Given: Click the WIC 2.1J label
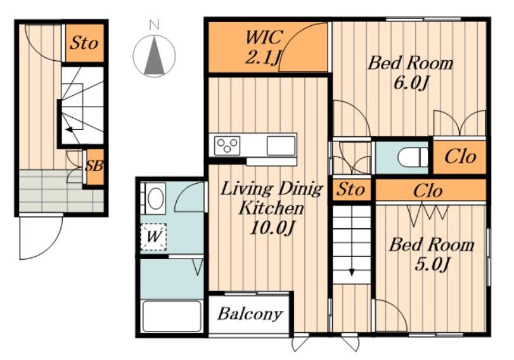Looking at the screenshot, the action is click(262, 46).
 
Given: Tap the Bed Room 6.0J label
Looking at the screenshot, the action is click(410, 72).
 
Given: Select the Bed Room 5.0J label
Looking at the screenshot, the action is click(432, 254).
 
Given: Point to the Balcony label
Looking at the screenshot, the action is click(250, 314).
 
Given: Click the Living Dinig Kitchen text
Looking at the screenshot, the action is click(271, 198).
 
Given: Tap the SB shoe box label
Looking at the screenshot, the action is click(94, 166).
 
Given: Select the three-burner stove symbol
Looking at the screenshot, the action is click(227, 146).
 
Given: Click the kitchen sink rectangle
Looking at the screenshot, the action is click(281, 146).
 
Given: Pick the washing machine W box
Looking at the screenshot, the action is click(153, 237).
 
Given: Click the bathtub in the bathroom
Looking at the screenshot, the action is click(172, 316).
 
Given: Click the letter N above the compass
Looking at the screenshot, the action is click(154, 25).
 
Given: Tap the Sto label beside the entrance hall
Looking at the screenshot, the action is click(84, 43).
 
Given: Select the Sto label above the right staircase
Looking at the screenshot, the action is click(350, 190).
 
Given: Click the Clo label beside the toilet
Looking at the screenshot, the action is click(460, 157).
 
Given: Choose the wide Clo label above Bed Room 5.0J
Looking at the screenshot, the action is click(428, 191).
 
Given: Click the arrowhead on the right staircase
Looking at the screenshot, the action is click(352, 272).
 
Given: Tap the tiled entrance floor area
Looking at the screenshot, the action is click(61, 191).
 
